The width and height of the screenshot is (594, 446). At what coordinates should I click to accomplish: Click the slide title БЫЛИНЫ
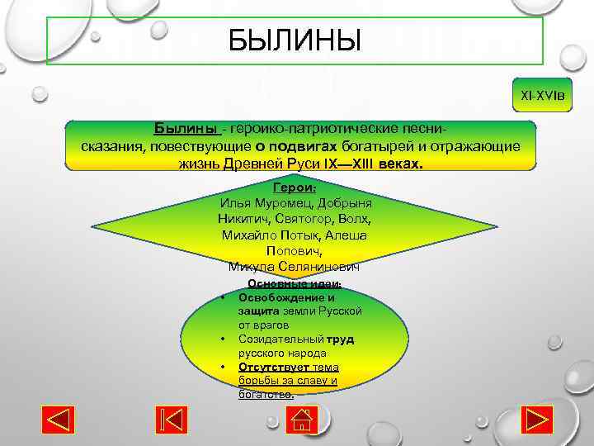pyautogui.click(x=295, y=40)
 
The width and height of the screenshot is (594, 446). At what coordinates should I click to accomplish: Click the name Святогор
pyautogui.click(x=307, y=219)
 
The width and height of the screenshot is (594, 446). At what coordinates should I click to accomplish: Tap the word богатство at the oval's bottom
pyautogui.click(x=264, y=395)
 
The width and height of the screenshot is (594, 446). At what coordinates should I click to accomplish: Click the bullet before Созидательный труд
pyautogui.click(x=223, y=339)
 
